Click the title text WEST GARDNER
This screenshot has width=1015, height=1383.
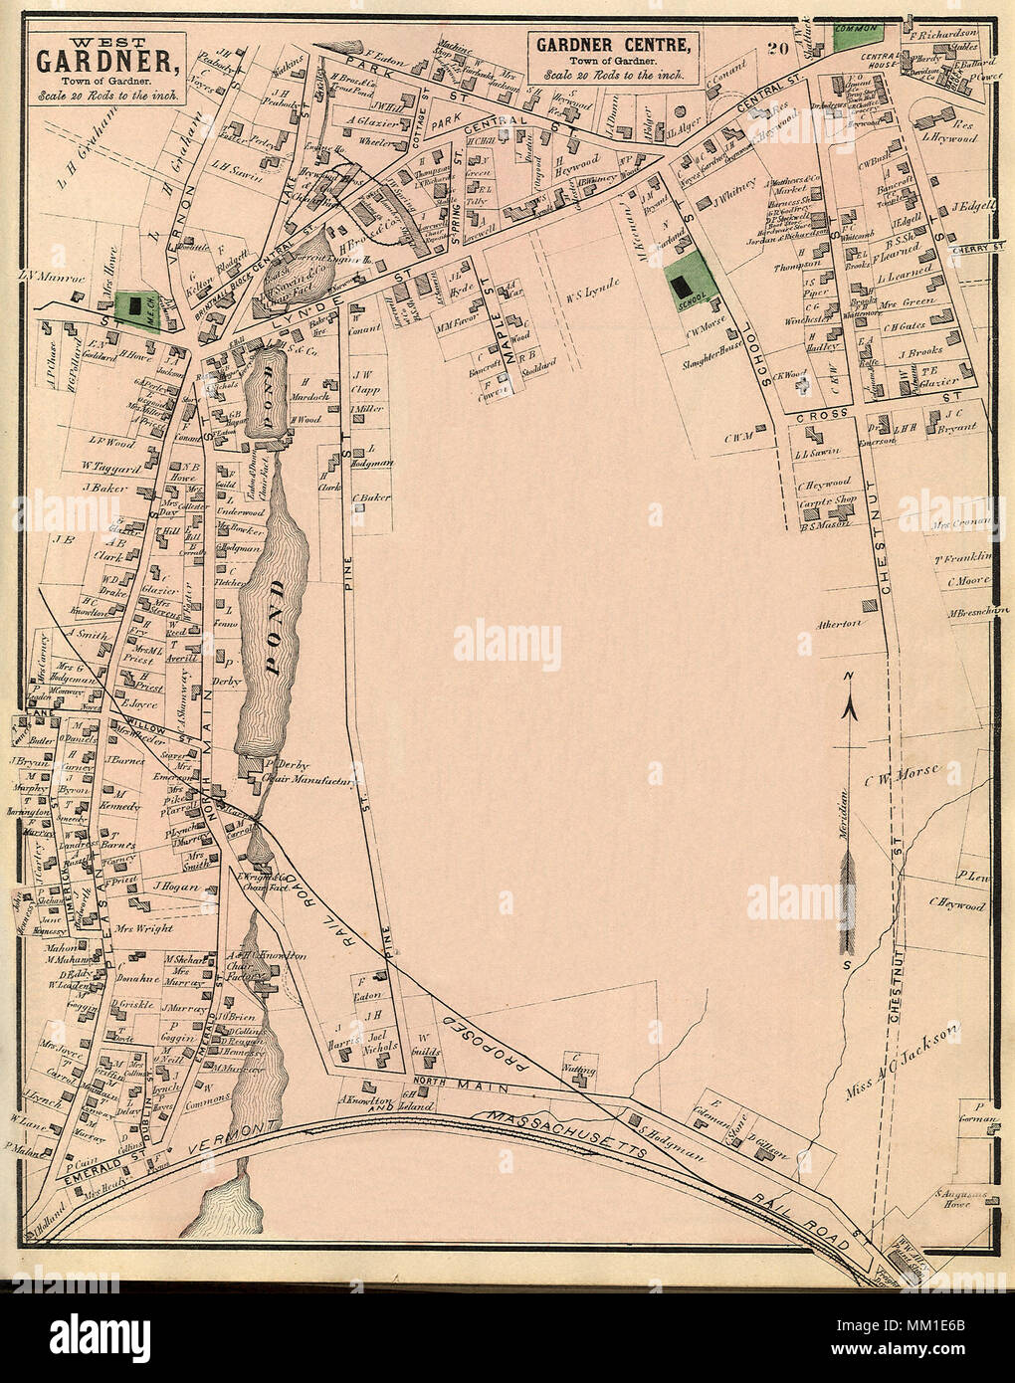(107, 58)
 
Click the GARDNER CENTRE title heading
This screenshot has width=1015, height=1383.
(614, 46)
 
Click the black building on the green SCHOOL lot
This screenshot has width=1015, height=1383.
(682, 287)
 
